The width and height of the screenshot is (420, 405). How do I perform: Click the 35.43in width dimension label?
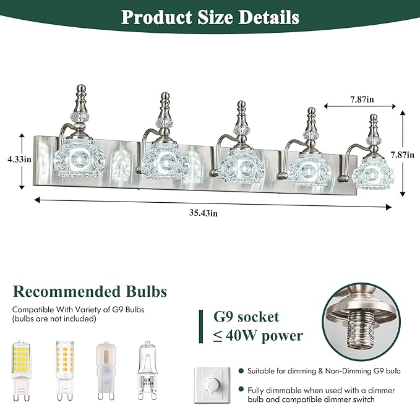(203, 213)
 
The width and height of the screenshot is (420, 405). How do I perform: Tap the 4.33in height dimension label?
(19, 160)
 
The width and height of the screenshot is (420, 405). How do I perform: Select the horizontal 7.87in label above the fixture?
(362, 100)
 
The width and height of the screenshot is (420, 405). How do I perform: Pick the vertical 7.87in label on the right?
(402, 155)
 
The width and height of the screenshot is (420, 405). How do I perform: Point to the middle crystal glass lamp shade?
(242, 166)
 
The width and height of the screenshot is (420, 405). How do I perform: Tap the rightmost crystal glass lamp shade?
(373, 173)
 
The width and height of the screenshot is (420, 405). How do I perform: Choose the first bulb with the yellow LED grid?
(21, 370)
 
